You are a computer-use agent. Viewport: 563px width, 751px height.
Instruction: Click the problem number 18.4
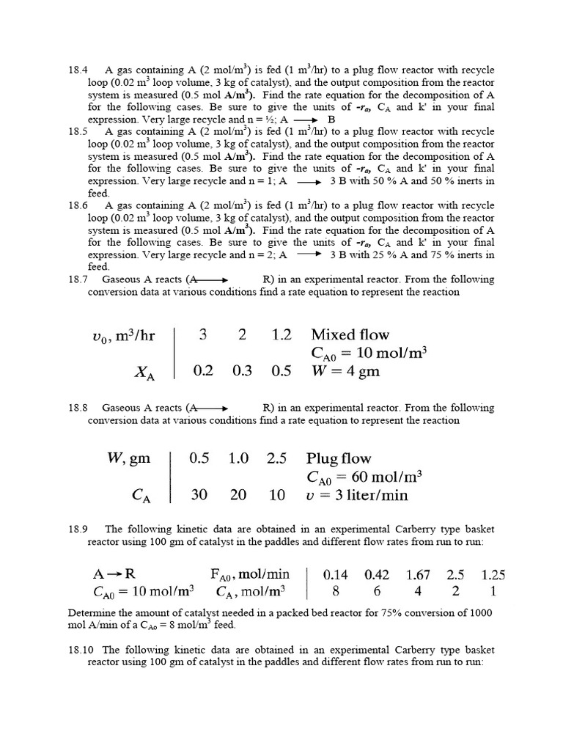click(78, 70)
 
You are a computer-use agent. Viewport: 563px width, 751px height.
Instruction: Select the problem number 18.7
click(78, 279)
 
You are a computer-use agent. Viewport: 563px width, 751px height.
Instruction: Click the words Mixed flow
click(350, 335)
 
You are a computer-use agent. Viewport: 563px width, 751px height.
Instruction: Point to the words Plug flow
click(339, 459)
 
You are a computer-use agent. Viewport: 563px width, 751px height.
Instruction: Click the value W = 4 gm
click(345, 370)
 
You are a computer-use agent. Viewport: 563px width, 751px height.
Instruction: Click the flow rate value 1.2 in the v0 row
click(281, 335)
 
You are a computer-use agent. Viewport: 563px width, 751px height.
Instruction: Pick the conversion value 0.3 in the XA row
click(242, 370)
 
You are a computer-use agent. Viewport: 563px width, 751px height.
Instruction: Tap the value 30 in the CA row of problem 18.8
click(199, 495)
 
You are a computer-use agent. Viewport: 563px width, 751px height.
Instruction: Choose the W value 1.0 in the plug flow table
click(238, 459)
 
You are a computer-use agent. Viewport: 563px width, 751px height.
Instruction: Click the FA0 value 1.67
click(419, 574)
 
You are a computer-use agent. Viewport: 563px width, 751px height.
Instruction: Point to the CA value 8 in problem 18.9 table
click(336, 591)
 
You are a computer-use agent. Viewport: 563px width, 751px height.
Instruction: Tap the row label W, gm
click(130, 459)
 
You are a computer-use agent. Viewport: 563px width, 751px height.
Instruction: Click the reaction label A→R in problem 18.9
click(111, 574)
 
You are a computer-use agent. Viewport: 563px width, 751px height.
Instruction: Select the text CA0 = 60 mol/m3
click(364, 477)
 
